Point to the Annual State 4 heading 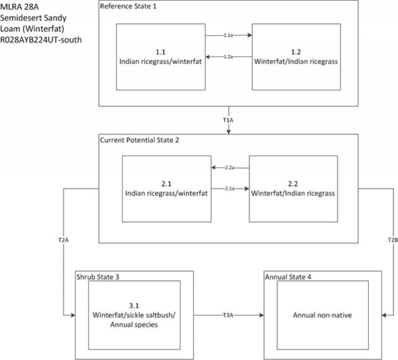286,276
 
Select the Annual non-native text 315,315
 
